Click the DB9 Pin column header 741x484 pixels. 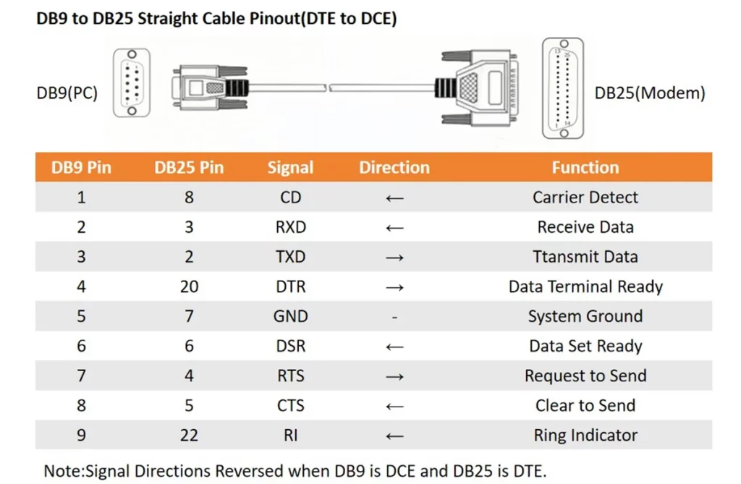81,168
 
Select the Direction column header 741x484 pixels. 394,168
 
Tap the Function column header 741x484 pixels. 585,168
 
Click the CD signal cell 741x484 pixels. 290,198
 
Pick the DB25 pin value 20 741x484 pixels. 189,286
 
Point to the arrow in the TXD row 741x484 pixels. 394,257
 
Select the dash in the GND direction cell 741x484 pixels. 394,317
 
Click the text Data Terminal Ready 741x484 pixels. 585,286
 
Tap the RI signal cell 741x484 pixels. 290,436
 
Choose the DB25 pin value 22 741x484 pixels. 189,436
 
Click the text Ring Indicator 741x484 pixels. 585,436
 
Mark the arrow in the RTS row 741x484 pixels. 394,376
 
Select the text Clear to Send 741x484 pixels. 585,406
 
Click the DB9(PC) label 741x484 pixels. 67,93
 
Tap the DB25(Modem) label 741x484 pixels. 649,93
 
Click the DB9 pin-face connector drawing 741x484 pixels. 131,82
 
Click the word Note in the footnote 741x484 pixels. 62,471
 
